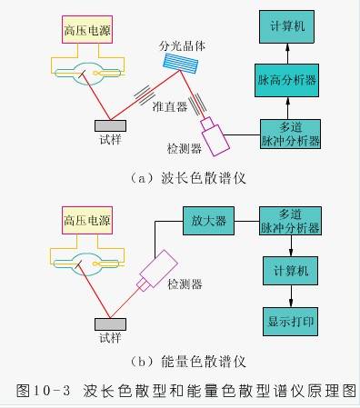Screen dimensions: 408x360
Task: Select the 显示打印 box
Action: click(290, 322)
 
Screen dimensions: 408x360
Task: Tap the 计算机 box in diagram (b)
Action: click(290, 272)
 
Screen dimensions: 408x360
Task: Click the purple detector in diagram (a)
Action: click(216, 134)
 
